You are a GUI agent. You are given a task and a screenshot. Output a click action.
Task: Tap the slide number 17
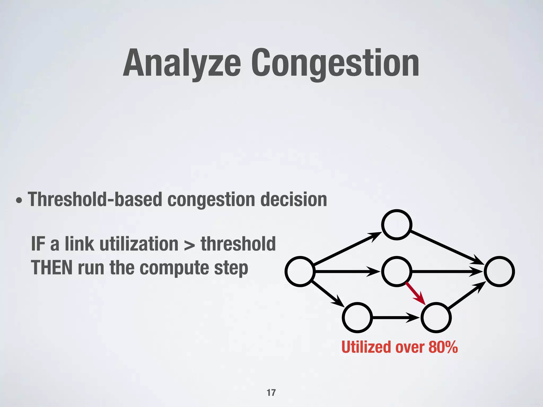(271, 392)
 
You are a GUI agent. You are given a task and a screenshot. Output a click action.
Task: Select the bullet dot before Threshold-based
(19, 201)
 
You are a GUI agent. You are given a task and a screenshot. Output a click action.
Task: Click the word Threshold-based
(95, 199)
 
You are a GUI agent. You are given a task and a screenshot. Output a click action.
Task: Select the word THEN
(52, 268)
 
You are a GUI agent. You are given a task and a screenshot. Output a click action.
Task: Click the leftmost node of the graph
(300, 271)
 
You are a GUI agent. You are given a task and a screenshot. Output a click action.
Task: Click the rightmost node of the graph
(499, 271)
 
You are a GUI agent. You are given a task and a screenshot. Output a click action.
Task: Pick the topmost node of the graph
(397, 225)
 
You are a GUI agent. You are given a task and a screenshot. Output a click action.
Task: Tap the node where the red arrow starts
(397, 271)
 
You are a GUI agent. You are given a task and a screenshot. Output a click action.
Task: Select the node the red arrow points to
(436, 317)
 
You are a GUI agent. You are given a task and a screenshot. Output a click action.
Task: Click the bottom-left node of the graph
(357, 317)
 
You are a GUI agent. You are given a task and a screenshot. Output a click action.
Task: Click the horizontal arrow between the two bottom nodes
(395, 317)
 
